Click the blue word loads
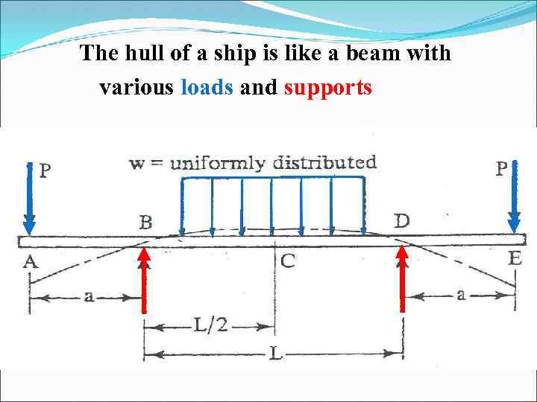(207, 88)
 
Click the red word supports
(328, 89)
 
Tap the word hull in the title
(142, 54)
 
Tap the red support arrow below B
(144, 282)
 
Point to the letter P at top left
(45, 171)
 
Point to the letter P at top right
(502, 169)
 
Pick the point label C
(289, 261)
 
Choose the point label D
(401, 221)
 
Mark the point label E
(515, 259)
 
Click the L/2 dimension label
(210, 325)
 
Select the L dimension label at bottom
(275, 355)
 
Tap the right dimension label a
(460, 295)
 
